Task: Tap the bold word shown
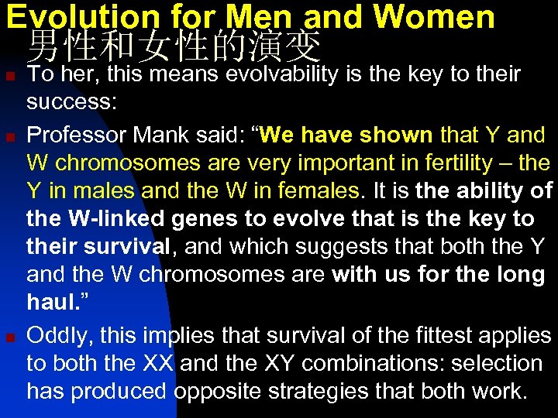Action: point(394,135)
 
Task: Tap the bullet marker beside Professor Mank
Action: point(9,137)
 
